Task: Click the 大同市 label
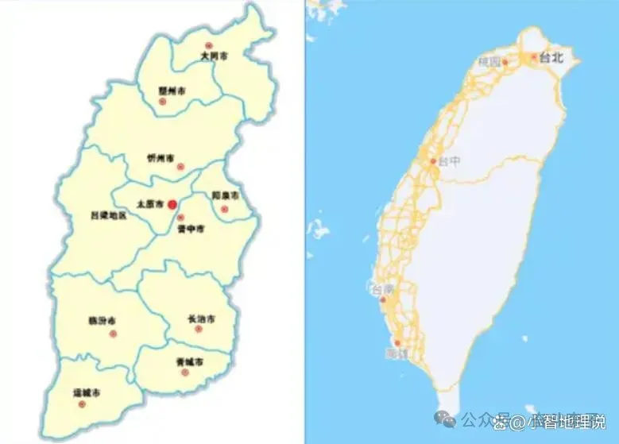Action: click(213, 57)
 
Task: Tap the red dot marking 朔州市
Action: click(163, 101)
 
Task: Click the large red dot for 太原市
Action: click(172, 204)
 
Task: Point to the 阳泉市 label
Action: click(225, 195)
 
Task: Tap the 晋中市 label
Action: click(191, 228)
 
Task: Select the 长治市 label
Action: click(201, 319)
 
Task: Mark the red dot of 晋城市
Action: click(185, 372)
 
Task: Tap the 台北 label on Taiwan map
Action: click(551, 57)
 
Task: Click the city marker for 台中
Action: click(434, 161)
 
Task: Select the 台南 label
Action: click(382, 290)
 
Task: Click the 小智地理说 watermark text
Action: click(567, 420)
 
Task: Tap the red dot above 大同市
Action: click(209, 46)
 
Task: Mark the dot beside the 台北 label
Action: click(534, 56)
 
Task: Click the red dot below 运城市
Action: click(82, 403)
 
